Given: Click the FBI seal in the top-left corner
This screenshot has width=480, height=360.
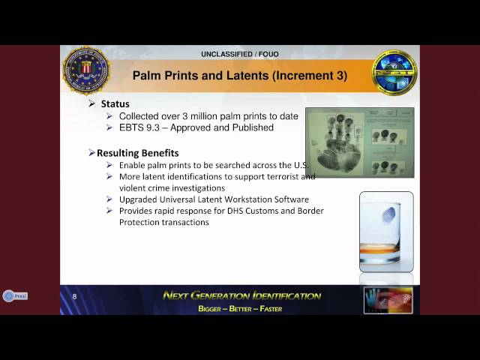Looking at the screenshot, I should [85, 71].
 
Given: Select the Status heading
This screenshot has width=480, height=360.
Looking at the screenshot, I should [115, 104].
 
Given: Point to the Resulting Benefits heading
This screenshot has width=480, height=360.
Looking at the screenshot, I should [138, 154].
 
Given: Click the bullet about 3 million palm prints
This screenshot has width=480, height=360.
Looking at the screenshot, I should [208, 116].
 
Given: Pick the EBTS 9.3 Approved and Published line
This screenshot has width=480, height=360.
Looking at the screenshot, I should [196, 127].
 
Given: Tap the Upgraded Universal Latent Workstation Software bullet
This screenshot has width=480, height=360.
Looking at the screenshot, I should [214, 199].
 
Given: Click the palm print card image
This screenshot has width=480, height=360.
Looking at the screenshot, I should [359, 142].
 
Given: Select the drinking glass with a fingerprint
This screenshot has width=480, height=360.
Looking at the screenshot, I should [385, 232].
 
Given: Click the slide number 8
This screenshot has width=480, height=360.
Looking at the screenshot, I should [74, 297].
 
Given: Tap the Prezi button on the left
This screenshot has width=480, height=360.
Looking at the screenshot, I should [15, 296].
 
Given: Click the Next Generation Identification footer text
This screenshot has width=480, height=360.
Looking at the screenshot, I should [241, 295].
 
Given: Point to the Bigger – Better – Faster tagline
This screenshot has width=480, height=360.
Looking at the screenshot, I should [240, 309].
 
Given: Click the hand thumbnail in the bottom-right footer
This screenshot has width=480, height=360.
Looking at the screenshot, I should [387, 299].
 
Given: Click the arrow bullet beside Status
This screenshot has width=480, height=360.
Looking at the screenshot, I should [92, 104].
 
